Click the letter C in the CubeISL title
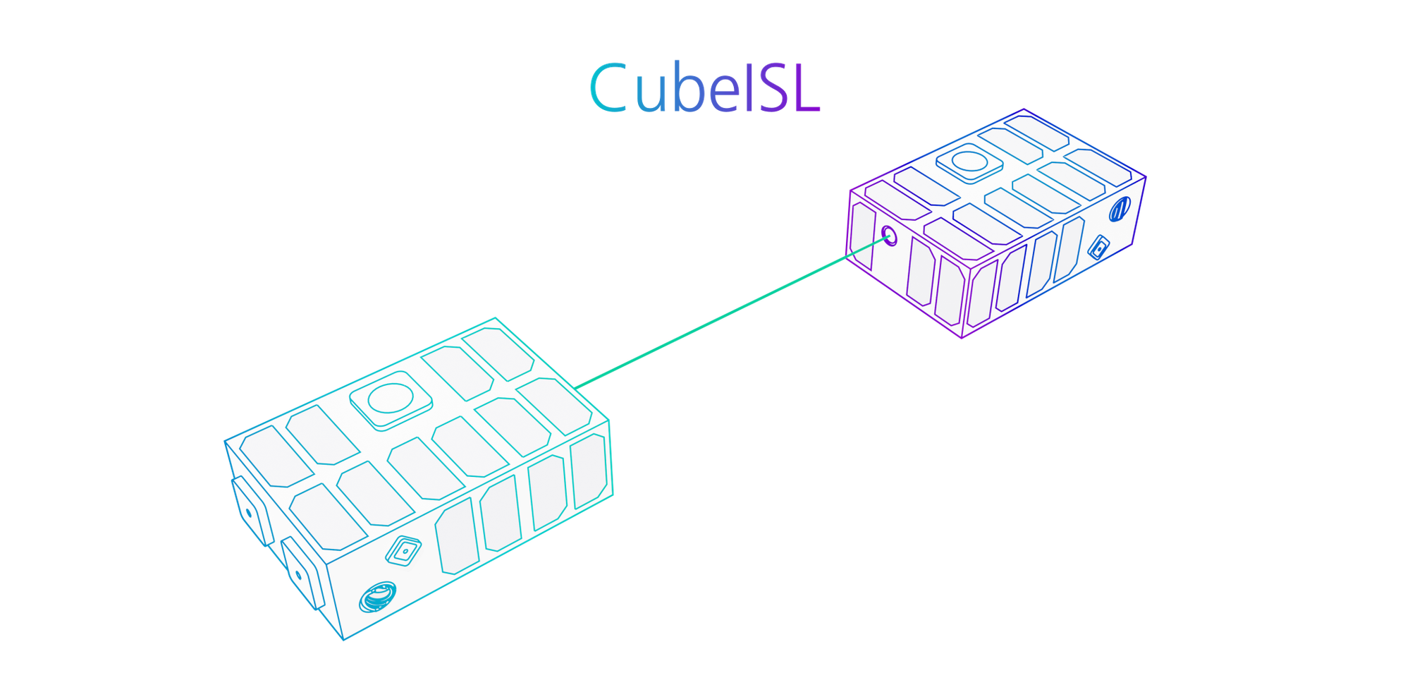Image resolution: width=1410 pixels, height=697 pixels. [x=608, y=87]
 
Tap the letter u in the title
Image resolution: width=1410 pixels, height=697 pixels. [x=650, y=95]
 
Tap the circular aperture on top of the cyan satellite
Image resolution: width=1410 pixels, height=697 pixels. [x=391, y=399]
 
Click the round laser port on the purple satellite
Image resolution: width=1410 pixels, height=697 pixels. [x=890, y=235]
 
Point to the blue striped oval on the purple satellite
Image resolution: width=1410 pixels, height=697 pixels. [x=1120, y=209]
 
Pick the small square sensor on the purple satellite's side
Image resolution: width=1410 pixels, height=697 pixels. [x=1098, y=248]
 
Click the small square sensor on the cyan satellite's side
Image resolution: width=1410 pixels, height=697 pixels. [x=404, y=550]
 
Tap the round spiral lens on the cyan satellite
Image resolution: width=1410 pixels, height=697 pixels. [x=377, y=598]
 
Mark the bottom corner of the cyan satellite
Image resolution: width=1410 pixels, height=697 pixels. [x=344, y=639]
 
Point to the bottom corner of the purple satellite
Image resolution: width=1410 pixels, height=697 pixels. [x=962, y=339]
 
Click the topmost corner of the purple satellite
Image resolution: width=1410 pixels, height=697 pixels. [x=1024, y=110]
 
